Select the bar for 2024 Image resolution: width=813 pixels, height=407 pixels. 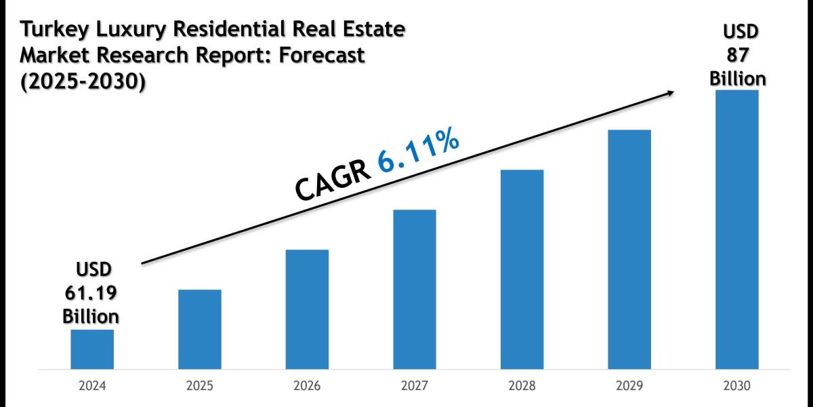pos(92,349)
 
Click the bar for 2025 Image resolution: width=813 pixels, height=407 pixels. pos(200,330)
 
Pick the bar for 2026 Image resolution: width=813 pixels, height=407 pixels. pos(307,309)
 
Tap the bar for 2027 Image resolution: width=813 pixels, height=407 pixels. pos(414,290)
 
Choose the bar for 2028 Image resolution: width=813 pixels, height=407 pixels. pos(522,269)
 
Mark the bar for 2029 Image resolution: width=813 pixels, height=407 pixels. pos(629,250)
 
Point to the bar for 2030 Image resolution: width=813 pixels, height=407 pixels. pos(736,229)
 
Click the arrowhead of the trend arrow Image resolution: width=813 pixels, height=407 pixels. pos(671,93)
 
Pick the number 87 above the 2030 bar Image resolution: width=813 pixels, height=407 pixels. pos(738,56)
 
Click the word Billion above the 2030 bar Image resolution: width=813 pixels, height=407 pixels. pos(738,79)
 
